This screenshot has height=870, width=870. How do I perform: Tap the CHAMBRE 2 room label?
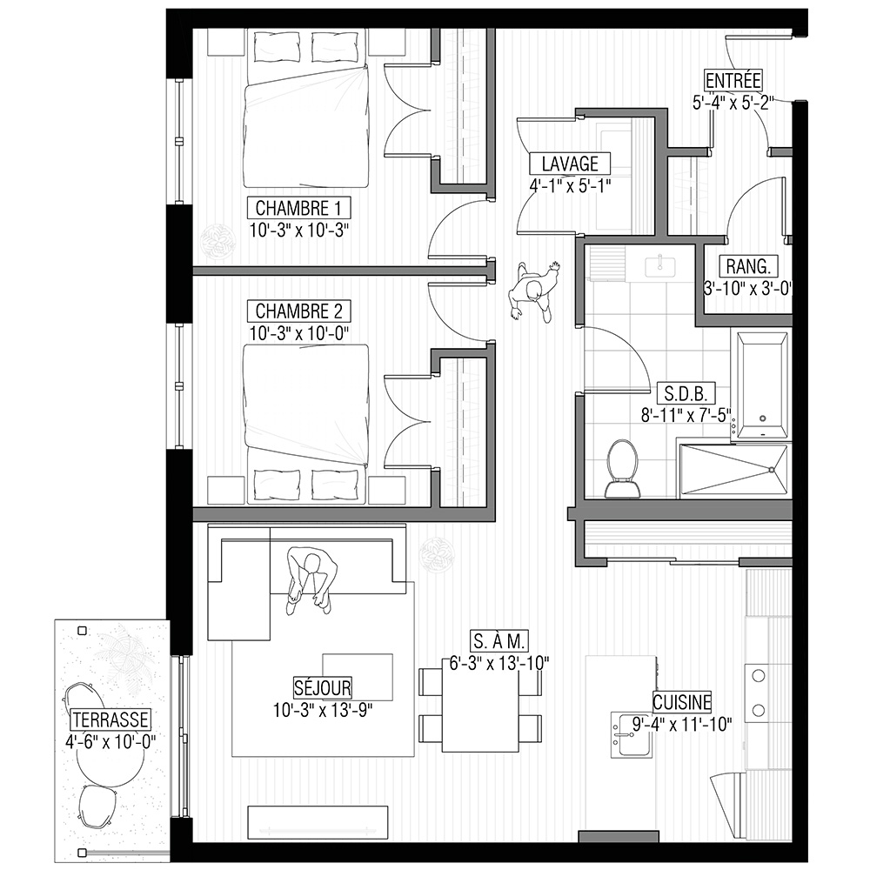pos(299,311)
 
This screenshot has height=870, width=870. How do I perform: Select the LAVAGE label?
pos(570,164)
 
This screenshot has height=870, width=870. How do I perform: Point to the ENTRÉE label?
pos(733,80)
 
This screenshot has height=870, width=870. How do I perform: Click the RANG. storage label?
pos(748,266)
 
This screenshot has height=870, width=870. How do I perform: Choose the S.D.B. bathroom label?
pos(686,393)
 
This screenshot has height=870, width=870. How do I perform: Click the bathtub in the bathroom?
pos(763,385)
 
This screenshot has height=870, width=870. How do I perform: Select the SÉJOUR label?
pos(323,688)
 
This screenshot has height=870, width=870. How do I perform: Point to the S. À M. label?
pos(499,641)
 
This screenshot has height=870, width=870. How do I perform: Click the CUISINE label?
pos(682,702)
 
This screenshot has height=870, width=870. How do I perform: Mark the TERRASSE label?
pos(110,719)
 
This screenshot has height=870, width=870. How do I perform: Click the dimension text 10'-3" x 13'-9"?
pos(323,710)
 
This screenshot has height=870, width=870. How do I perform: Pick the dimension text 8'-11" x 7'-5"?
pos(686,415)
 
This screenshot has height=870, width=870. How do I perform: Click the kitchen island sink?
pos(632,735)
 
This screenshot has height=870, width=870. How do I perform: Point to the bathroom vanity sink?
pos(660,264)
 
